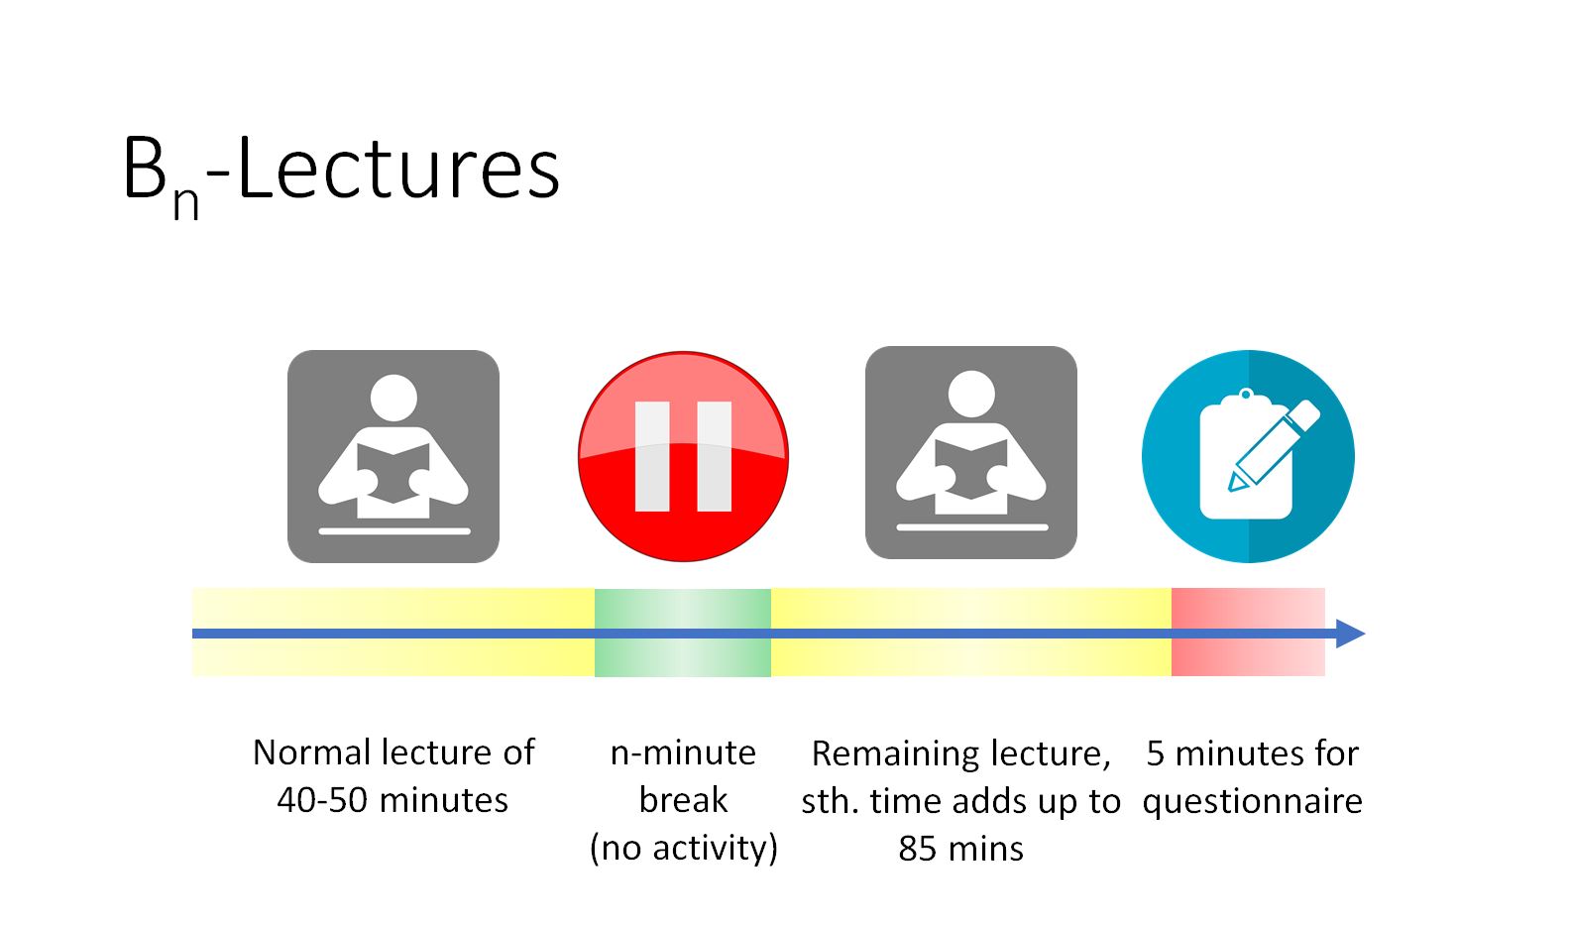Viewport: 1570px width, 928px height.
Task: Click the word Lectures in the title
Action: pyautogui.click(x=398, y=168)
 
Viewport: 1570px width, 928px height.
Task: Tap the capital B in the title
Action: pyautogui.click(x=145, y=168)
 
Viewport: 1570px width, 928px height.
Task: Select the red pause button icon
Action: pyautogui.click(x=683, y=456)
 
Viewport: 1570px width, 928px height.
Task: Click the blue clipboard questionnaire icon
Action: pyautogui.click(x=1248, y=456)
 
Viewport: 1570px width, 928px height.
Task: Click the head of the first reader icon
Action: pyautogui.click(x=393, y=399)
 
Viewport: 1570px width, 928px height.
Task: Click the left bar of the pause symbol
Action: pyautogui.click(x=652, y=456)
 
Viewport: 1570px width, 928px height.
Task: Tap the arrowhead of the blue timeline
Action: pyautogui.click(x=1351, y=634)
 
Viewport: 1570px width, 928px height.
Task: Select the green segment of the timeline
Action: pyautogui.click(x=683, y=633)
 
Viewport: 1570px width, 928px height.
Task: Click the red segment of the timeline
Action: pyautogui.click(x=1248, y=633)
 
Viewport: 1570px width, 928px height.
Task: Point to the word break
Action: pyautogui.click(x=683, y=800)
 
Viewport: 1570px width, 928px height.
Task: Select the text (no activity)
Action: pyautogui.click(x=684, y=848)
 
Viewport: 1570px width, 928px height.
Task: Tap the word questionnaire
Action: pyautogui.click(x=1253, y=802)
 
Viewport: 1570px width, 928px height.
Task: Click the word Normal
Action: pyautogui.click(x=312, y=753)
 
